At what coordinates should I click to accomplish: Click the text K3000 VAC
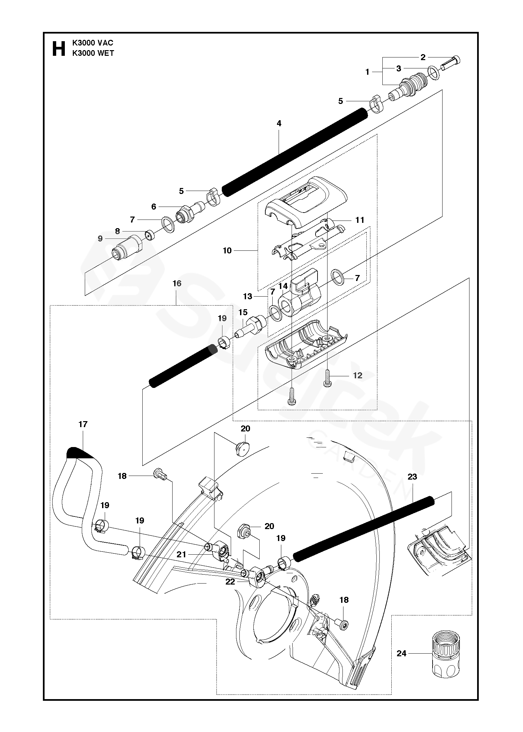click(x=93, y=43)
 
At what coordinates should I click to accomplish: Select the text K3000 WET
click(x=93, y=53)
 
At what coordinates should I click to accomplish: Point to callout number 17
click(x=83, y=424)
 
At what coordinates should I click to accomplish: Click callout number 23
click(x=412, y=477)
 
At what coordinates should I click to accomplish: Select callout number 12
click(x=357, y=376)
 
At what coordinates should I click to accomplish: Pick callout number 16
click(x=177, y=283)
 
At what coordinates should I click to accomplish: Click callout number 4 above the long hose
click(x=279, y=124)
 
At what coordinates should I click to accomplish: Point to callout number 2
click(x=423, y=57)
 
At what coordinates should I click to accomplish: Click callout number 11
click(x=360, y=220)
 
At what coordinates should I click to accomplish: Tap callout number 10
click(x=227, y=250)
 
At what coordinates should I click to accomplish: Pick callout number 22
click(x=230, y=582)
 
